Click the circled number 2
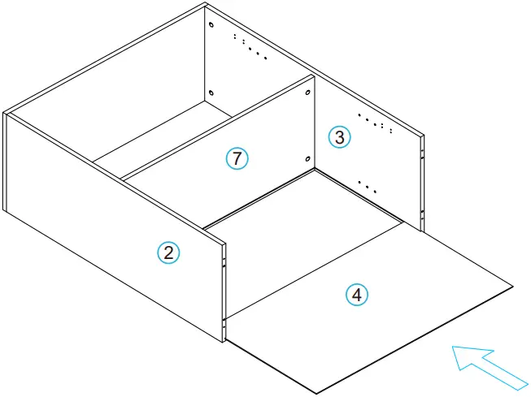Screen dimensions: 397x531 [168, 252]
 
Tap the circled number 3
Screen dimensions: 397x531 [340, 137]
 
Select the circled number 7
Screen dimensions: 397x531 [236, 159]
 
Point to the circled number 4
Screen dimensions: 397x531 [354, 295]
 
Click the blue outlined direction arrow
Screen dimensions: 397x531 [489, 365]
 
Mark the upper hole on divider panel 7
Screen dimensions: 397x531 [308, 93]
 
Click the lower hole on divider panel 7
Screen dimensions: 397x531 [308, 159]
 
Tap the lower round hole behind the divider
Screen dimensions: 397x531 [211, 93]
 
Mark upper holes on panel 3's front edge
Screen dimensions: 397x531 [422, 150]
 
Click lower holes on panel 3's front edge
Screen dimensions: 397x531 [422, 215]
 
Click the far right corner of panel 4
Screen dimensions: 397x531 [513, 287]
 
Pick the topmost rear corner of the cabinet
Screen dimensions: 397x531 [206, 3]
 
